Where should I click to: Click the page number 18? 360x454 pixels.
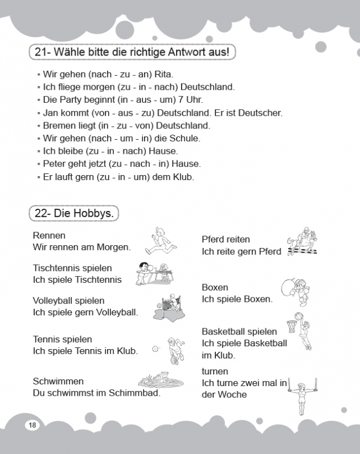coord(31,425)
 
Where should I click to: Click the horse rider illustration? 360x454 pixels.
coord(301,243)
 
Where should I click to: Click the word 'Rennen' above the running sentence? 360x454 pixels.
coord(49,235)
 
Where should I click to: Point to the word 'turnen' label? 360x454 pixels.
coord(215,372)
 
